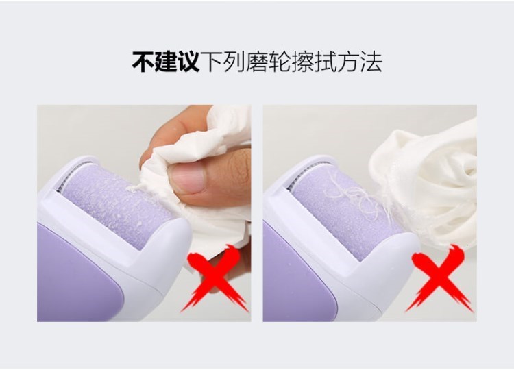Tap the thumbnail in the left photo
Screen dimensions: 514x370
[x=186, y=179]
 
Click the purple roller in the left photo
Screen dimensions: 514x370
[x=118, y=205]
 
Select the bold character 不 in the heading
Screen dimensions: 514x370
[x=143, y=62]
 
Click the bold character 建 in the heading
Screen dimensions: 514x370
[x=166, y=62]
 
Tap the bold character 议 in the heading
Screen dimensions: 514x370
[x=188, y=62]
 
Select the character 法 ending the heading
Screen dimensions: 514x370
[x=371, y=62]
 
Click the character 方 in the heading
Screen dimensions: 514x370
[x=347, y=62]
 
